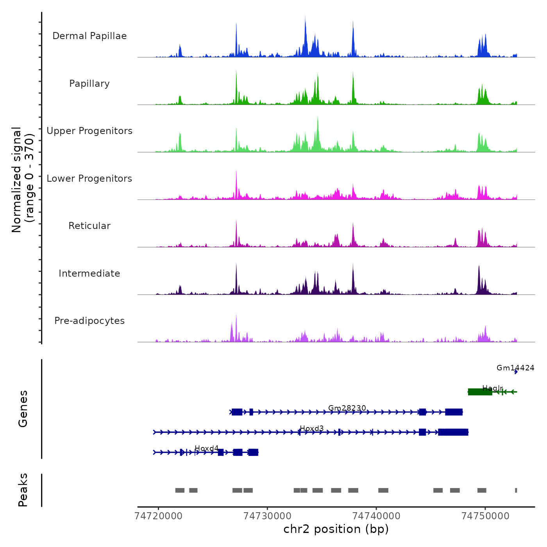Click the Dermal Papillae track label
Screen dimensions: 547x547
point(89,36)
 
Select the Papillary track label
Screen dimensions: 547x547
point(89,84)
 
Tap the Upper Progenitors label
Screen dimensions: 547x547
point(89,131)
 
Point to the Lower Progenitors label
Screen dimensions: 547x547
point(89,179)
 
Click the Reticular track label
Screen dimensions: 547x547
point(89,226)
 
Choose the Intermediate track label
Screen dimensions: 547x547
point(89,273)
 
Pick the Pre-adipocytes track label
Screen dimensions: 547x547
point(89,321)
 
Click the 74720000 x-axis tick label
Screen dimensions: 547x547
point(158,516)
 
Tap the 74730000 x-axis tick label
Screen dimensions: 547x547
point(267,516)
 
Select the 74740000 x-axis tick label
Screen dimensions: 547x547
point(376,516)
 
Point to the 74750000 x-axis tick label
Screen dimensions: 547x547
point(485,516)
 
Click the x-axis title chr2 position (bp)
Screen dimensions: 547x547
point(336,529)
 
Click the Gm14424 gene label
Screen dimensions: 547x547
point(515,368)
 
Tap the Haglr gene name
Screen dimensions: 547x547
point(492,388)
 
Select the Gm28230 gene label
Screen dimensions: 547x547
point(347,408)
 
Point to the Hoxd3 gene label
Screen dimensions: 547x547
point(311,428)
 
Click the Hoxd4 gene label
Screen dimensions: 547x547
point(206,448)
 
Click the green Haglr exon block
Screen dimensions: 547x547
point(480,392)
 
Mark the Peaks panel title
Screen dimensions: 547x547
point(23,490)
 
